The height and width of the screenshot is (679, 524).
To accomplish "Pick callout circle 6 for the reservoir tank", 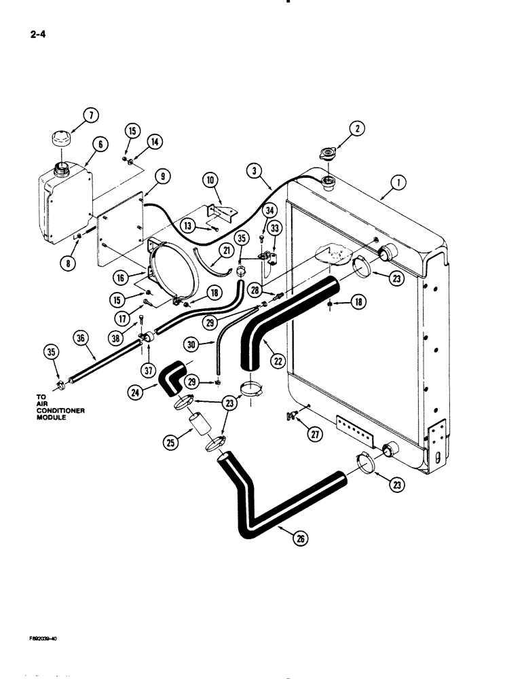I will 99,145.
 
